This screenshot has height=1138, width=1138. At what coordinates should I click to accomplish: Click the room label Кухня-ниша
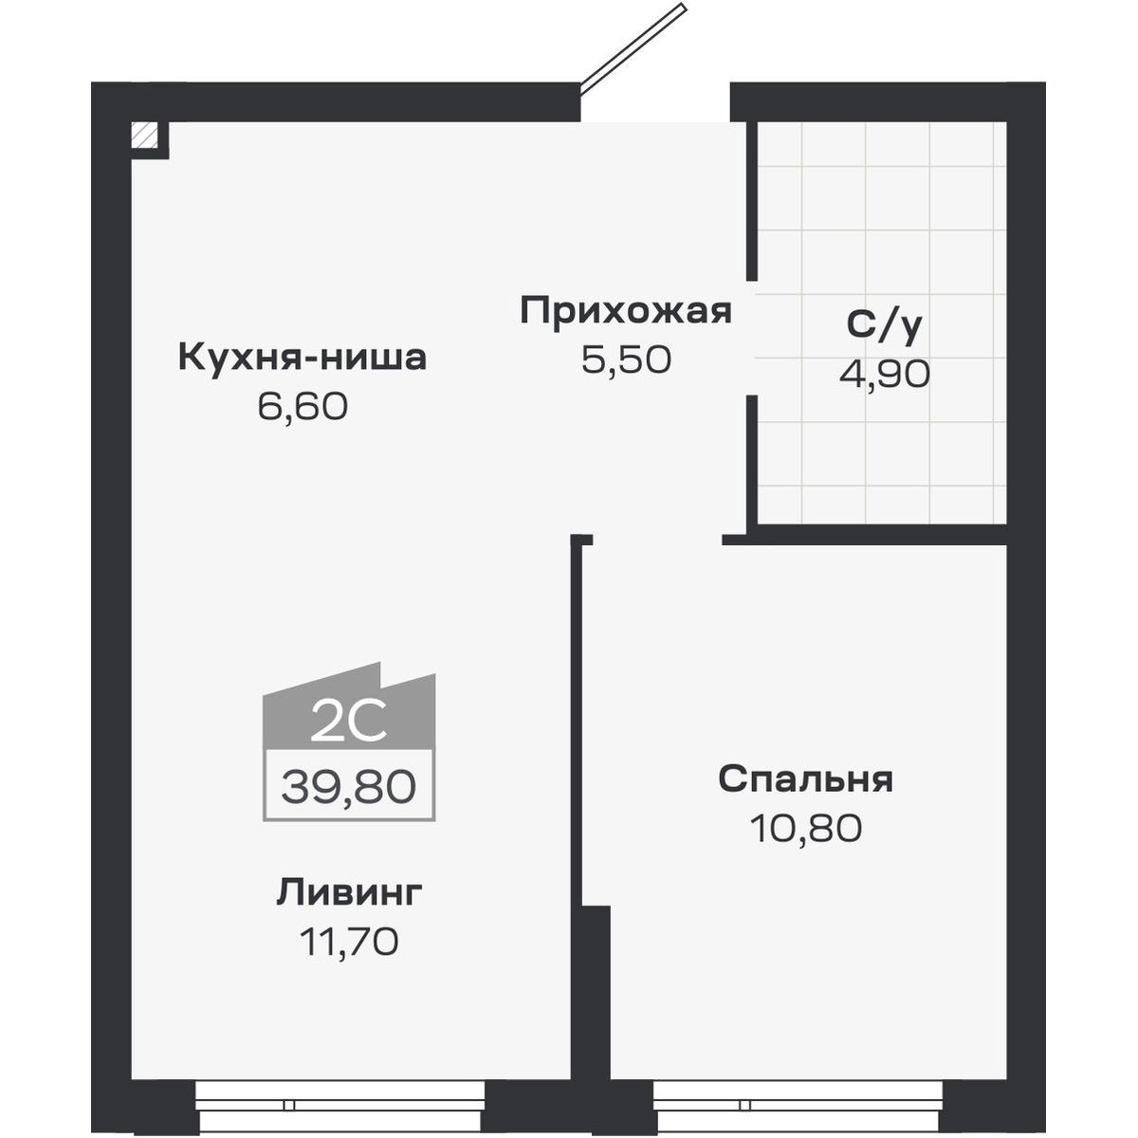pyautogui.click(x=302, y=358)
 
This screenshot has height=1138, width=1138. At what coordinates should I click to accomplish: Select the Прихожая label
pyautogui.click(x=626, y=311)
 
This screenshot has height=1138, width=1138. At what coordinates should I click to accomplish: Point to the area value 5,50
pyautogui.click(x=626, y=359)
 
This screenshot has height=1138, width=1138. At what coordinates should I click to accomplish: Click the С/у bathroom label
pyautogui.click(x=884, y=325)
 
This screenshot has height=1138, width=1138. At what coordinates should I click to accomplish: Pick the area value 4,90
pyautogui.click(x=884, y=375)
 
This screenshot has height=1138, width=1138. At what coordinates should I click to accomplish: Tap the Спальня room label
pyautogui.click(x=805, y=780)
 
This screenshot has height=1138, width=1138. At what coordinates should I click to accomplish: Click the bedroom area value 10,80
pyautogui.click(x=805, y=828)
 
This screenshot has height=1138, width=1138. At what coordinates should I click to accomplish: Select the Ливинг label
pyautogui.click(x=349, y=892)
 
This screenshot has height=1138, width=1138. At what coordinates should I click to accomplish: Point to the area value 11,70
pyautogui.click(x=349, y=942)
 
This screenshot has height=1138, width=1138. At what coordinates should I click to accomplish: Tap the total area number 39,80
pyautogui.click(x=348, y=786)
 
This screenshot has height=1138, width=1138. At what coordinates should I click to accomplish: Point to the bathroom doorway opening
pyautogui.click(x=751, y=338)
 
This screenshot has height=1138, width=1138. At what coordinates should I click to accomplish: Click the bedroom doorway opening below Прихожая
pyautogui.click(x=657, y=539)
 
